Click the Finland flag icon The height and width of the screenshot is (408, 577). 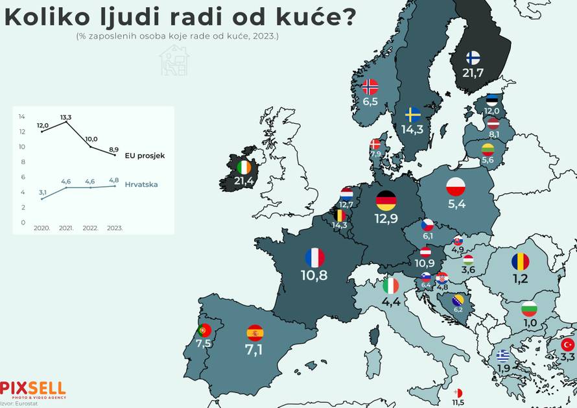pos(473,57)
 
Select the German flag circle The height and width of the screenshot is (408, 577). pos(386,200)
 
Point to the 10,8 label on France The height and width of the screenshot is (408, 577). pos(314,275)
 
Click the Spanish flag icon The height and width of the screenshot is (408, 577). pos(255,333)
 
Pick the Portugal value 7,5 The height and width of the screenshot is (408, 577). pos(204,343)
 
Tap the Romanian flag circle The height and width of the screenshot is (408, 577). pos(520,261)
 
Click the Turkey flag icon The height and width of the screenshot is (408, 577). pos(568,344)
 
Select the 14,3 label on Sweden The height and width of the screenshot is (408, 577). pos(412,129)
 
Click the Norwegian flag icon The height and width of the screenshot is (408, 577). pos(370,87)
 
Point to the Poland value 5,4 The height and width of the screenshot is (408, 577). pos(456,204)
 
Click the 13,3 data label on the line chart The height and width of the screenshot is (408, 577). pos(65,117)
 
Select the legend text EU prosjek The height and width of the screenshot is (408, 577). pos(145,156)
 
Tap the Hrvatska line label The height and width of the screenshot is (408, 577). pos(142,185)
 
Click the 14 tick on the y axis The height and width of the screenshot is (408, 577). pos(22,117)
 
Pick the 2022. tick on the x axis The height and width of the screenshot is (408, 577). pos(90,228)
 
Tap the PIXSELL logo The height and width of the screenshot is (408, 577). pos(32,389)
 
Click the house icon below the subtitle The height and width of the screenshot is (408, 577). pos(174,60)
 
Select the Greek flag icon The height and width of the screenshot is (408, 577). pos(503,355)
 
